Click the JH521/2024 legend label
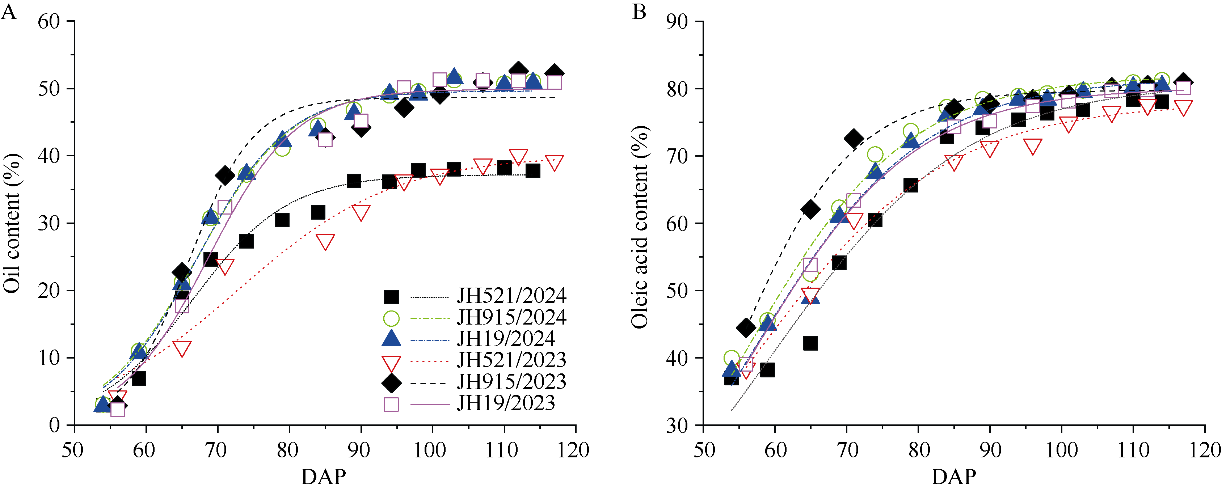coord(511,296)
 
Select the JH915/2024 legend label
coord(511,317)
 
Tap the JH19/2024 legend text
coord(506,339)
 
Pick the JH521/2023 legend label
coord(511,360)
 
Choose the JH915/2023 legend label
coord(511,382)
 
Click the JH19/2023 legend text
coord(506,403)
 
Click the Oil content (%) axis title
coord(12,223)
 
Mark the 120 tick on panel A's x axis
coord(574,450)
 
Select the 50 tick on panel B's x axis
coord(704,450)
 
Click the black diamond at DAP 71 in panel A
coord(225,176)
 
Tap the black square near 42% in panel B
coord(810,343)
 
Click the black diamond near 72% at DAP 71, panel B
coord(854,139)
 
